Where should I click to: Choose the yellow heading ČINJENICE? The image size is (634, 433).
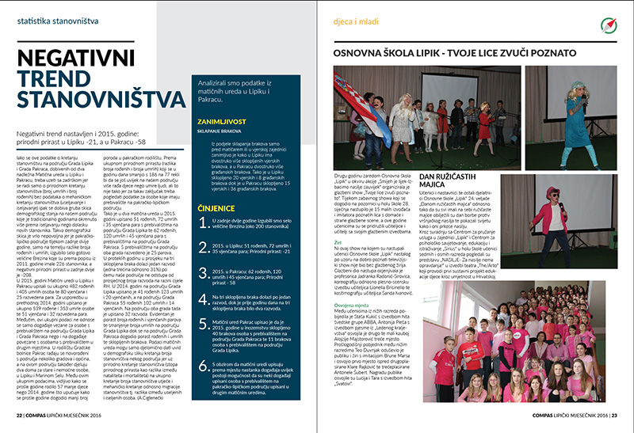click(215, 207)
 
